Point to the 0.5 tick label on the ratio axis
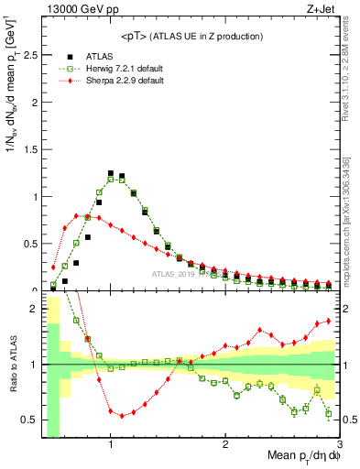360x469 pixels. pyautogui.click(x=27, y=420)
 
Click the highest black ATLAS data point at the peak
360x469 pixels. pyautogui.click(x=111, y=173)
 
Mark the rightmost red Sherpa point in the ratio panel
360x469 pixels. pyautogui.click(x=329, y=321)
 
